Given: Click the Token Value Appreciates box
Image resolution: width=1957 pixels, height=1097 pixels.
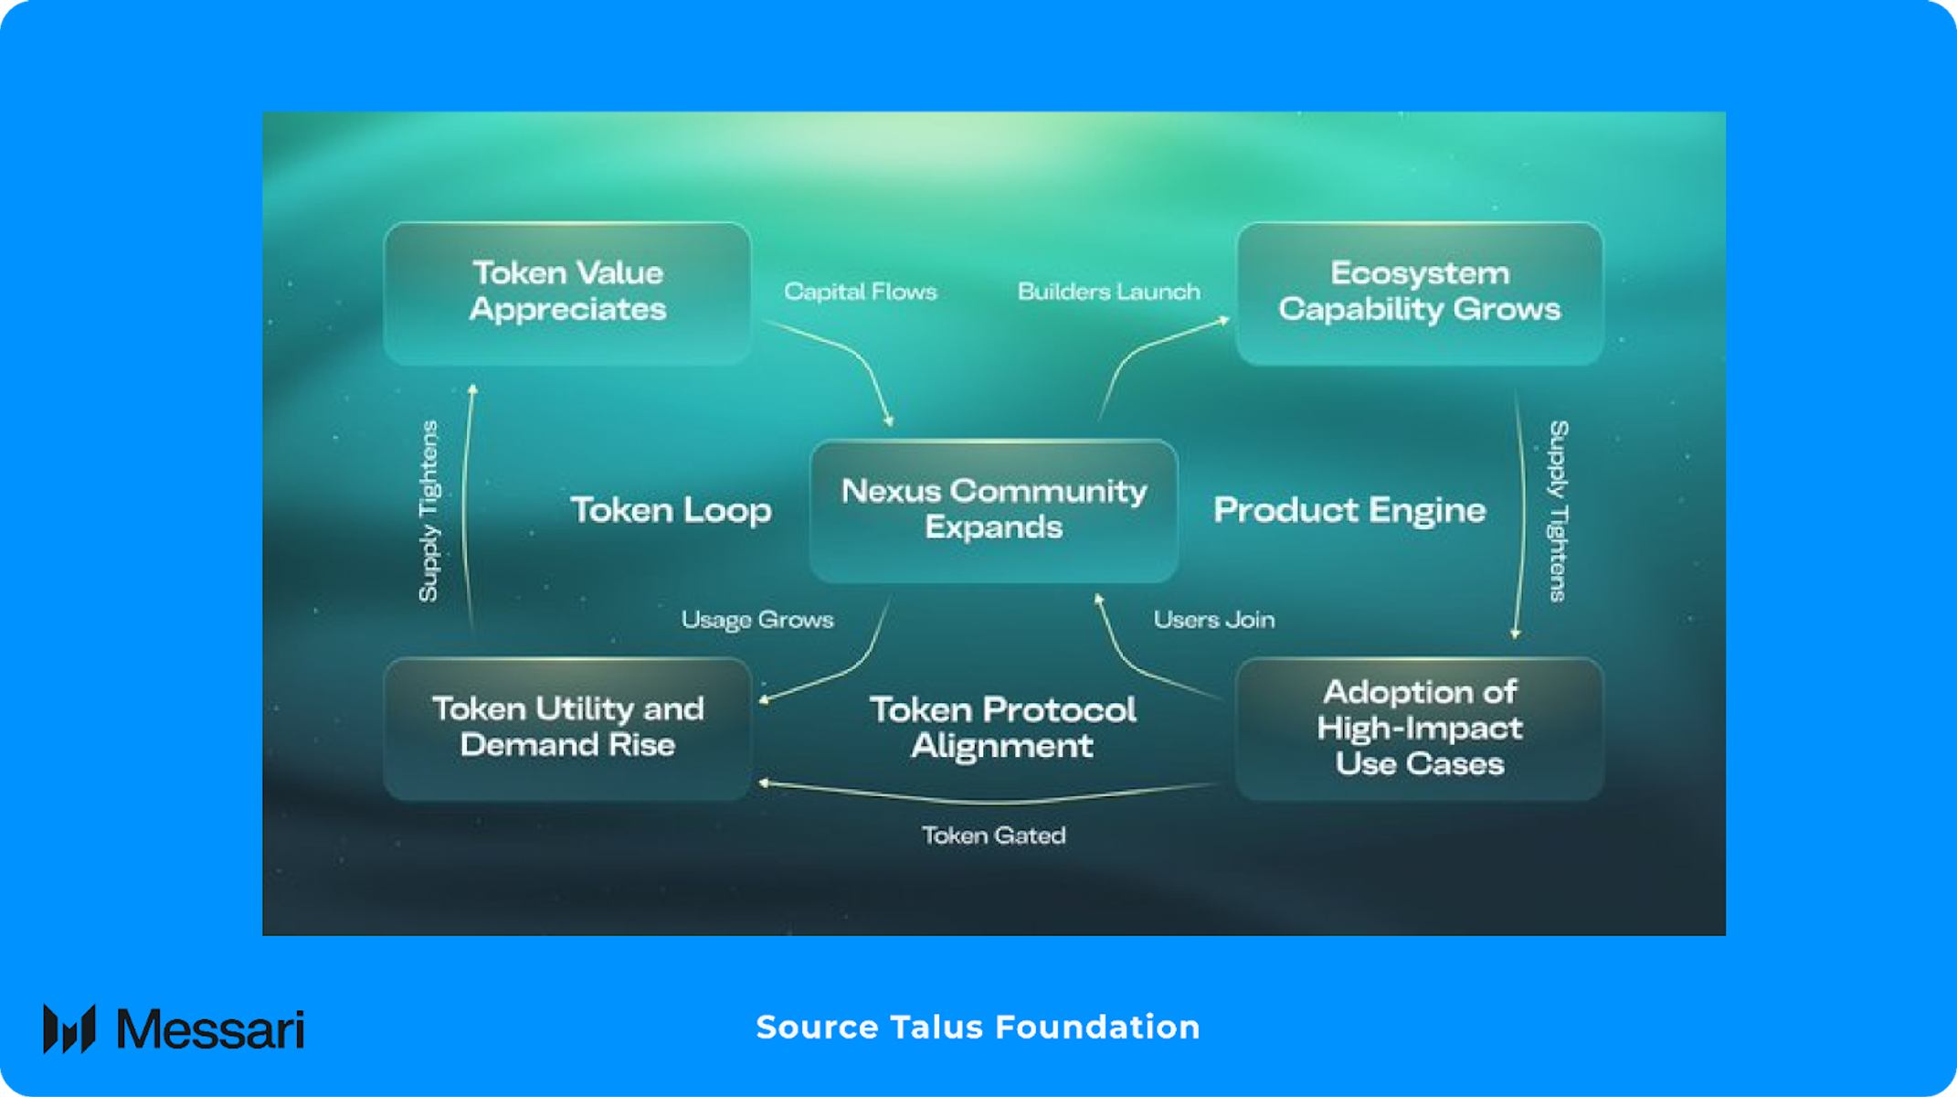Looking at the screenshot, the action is click(x=567, y=293).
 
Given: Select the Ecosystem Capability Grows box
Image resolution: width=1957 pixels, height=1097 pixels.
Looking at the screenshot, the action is click(x=1420, y=293).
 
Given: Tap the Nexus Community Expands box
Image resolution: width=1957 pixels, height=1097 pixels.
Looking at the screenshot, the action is click(x=994, y=510).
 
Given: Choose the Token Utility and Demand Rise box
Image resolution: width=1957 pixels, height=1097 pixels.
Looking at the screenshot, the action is click(x=567, y=729).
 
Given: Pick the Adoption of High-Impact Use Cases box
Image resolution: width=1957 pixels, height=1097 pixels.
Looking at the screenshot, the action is click(x=1420, y=729).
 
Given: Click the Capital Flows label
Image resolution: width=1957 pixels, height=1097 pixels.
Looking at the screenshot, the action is click(x=861, y=292).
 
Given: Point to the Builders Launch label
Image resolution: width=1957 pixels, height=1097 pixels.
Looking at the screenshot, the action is click(x=1109, y=292).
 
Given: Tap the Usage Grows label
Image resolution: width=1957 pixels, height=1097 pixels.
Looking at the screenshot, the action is click(x=757, y=620).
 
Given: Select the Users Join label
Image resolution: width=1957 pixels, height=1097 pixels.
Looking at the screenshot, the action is click(x=1214, y=620).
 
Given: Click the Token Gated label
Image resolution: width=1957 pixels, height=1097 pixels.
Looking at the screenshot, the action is click(x=994, y=836).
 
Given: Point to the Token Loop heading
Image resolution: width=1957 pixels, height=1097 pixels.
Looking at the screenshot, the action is click(x=672, y=510).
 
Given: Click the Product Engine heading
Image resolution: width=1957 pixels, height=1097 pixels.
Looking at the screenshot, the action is click(x=1349, y=510).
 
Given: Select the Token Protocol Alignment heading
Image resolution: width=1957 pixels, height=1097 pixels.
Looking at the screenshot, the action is click(x=1003, y=728).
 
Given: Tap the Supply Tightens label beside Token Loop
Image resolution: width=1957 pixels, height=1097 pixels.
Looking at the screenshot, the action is click(x=428, y=511).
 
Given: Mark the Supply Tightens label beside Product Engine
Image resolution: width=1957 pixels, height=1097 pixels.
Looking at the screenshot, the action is click(x=1559, y=511).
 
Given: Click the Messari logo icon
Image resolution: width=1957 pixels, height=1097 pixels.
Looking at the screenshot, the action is click(x=69, y=1029).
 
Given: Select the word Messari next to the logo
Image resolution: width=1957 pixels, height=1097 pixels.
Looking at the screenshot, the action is click(x=210, y=1030).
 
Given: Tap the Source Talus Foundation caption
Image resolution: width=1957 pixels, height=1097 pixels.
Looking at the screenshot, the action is click(x=978, y=1028).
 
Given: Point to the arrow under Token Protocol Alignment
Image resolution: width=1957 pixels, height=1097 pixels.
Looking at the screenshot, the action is click(x=989, y=797).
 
